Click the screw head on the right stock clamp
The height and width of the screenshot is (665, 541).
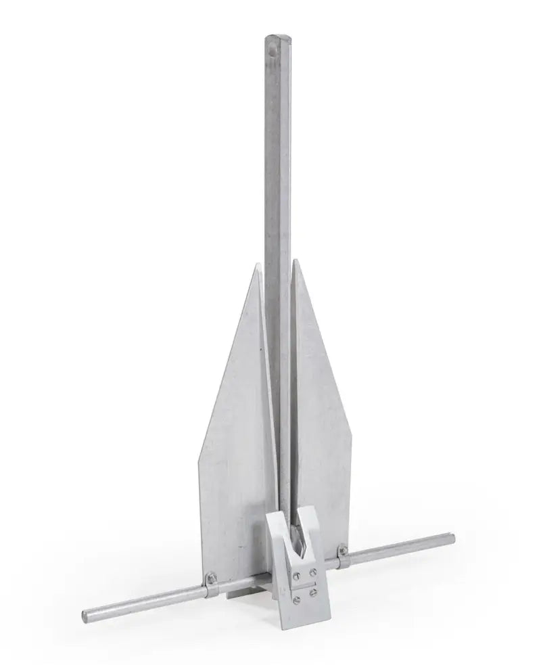pos(344,551)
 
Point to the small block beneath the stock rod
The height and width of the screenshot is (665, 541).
pos(233,593)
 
